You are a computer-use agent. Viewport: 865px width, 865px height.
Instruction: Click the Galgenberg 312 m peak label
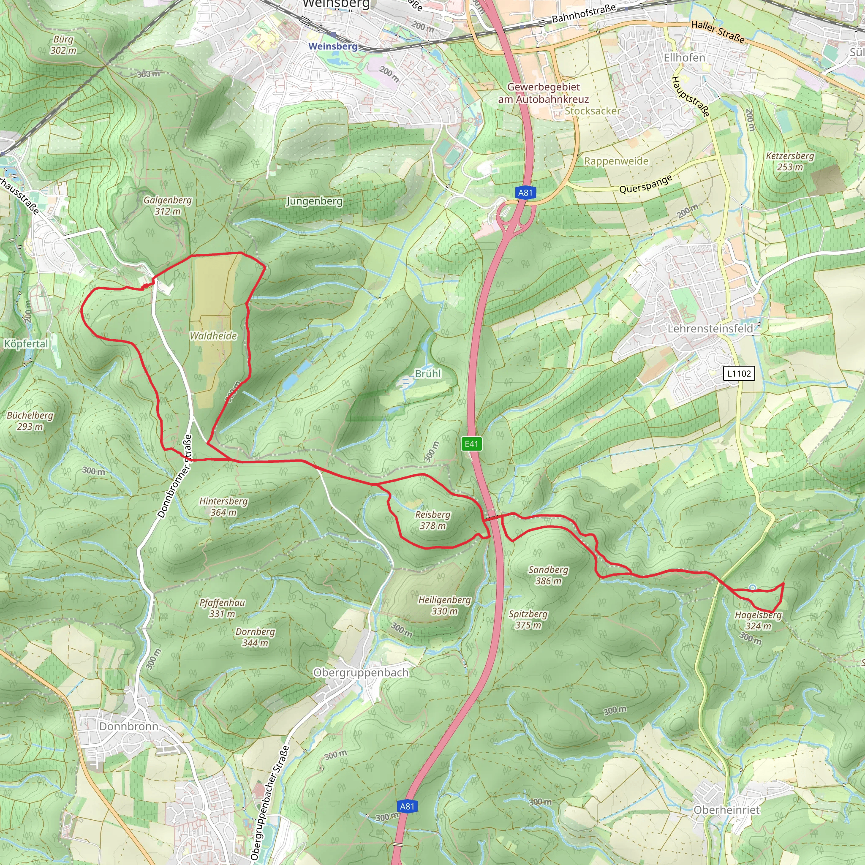point(167,206)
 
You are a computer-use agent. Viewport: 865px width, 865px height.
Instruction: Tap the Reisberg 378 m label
point(432,520)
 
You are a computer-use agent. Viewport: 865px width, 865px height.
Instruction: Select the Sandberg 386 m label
point(548,575)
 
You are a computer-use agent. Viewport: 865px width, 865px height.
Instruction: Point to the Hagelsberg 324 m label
point(758,620)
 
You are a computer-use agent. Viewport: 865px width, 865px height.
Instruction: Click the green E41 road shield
point(471,444)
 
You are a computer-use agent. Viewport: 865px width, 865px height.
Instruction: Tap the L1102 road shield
point(739,373)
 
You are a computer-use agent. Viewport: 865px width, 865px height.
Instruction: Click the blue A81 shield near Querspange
point(525,193)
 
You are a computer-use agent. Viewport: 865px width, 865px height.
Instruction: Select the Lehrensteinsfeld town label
point(710,329)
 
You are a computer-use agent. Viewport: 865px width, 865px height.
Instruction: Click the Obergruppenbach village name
point(361,672)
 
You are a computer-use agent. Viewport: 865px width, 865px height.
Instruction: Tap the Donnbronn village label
point(128,726)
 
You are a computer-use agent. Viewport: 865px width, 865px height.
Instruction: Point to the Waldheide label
point(213,336)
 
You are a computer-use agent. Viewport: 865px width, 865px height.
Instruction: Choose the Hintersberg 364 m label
point(223,506)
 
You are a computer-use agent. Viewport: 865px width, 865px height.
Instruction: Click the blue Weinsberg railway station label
point(333,46)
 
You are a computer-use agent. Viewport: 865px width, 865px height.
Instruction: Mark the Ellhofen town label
point(684,58)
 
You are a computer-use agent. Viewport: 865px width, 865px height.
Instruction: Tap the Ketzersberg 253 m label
point(790,161)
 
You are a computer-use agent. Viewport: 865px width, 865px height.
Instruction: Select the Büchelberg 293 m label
point(30,420)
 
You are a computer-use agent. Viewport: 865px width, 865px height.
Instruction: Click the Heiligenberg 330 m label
point(444,605)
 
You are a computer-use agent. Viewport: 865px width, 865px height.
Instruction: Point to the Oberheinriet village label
point(726,810)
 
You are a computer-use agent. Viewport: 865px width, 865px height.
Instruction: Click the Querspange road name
point(646,184)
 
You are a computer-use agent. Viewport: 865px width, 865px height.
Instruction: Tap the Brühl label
point(427,373)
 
